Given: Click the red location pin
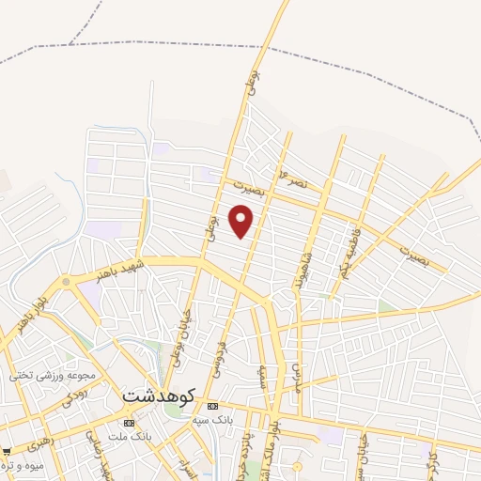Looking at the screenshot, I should point(242,222).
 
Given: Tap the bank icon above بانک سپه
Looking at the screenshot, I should point(210,405).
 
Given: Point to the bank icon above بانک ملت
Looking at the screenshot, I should point(129,424).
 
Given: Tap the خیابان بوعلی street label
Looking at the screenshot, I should point(181,336).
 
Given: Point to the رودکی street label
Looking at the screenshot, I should point(76,396).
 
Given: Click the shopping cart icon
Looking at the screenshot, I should point(5,451).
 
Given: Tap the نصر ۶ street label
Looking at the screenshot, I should point(294,178).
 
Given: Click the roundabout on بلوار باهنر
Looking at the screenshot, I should point(66,281).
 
